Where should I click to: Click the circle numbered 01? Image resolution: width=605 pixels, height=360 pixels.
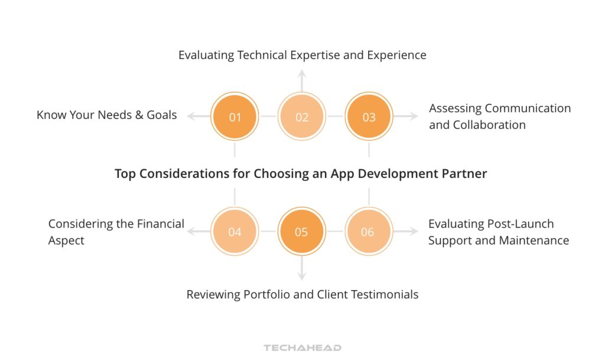pos(235,117)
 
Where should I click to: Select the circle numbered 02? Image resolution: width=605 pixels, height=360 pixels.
pos(302,117)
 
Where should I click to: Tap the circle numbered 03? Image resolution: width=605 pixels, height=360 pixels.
pos(369,117)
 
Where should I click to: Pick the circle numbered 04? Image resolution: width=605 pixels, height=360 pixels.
pos(235,232)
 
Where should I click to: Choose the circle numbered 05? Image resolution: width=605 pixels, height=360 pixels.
pos(301,232)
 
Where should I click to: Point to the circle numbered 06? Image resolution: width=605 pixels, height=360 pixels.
pos(367,232)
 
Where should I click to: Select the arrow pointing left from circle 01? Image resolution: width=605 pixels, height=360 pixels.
pos(197,117)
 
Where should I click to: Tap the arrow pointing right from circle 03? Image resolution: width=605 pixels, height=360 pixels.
pos(406,117)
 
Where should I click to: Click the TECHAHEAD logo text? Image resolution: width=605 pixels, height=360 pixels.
pos(302,348)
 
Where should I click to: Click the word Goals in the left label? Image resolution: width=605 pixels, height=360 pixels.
pos(161,115)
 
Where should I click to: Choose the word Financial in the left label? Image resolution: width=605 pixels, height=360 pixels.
pos(161,224)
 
